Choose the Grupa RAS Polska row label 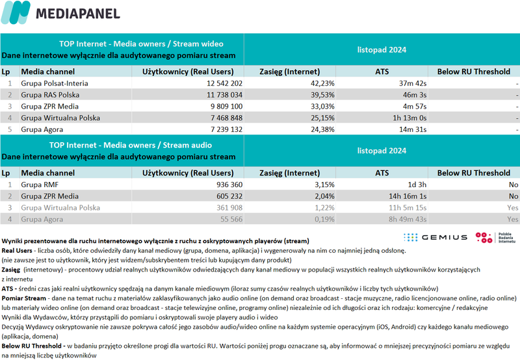[x=50, y=95]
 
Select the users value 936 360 [x=225, y=185]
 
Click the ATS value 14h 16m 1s [x=403, y=196]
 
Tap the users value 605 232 [x=225, y=196]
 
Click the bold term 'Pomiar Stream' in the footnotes [x=25, y=297]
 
